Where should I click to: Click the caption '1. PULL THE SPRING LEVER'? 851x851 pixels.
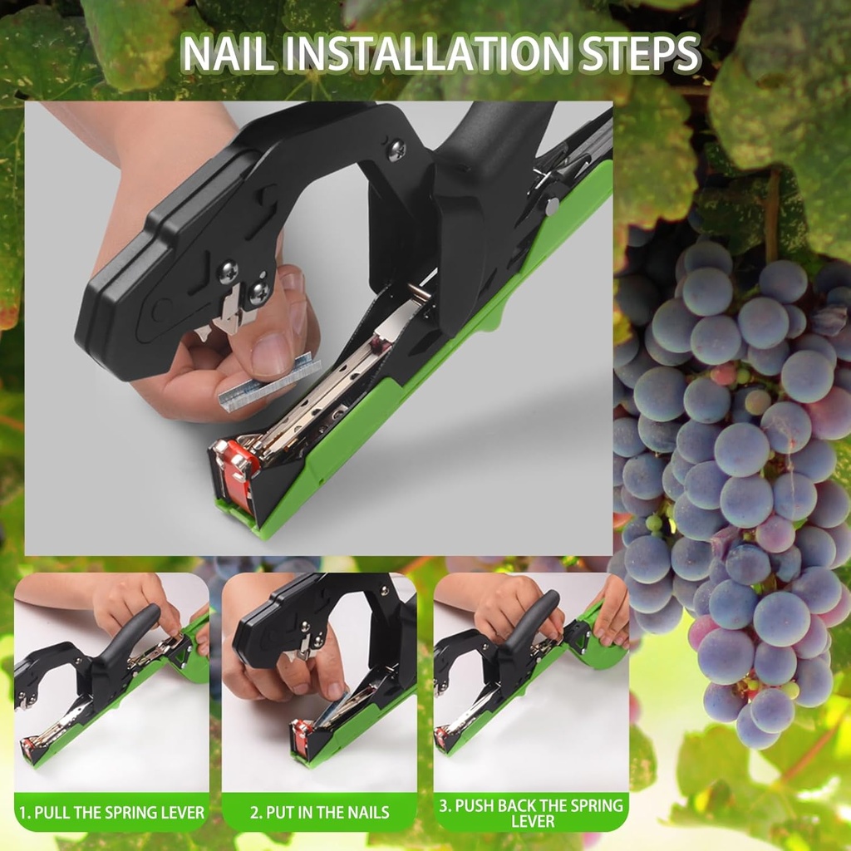pos(111,813)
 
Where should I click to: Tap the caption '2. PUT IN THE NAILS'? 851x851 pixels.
pos(319,813)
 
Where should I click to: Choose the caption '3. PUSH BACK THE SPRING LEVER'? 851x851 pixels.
pos(531,813)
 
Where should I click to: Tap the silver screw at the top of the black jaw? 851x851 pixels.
pos(396,150)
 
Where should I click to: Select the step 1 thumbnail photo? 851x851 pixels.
pos(111,681)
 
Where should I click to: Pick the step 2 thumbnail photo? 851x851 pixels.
pos(319,681)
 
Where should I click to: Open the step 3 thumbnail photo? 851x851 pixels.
pos(531,681)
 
